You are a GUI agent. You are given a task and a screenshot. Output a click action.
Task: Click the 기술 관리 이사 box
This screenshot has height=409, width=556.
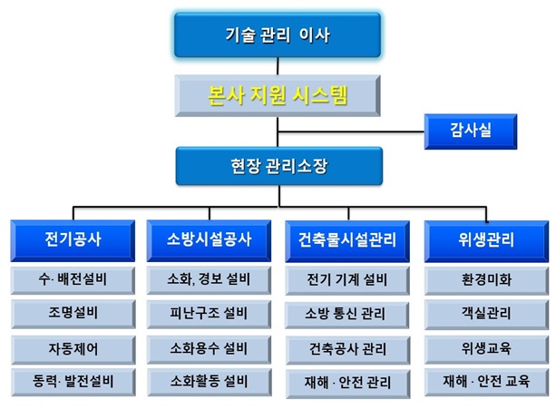[278, 34]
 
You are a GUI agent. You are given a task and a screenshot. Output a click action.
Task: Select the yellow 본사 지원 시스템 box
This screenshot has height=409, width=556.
[278, 95]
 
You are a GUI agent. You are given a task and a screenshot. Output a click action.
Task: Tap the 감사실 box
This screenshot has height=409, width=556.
[471, 131]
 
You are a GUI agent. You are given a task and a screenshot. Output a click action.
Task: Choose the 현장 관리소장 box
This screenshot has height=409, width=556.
[279, 166]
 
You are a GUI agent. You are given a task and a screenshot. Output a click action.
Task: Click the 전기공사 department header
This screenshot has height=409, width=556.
[73, 240]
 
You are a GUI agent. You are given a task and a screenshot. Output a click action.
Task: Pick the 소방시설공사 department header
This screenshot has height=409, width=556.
[209, 240]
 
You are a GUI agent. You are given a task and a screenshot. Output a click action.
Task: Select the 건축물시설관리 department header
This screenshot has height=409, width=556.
[347, 241]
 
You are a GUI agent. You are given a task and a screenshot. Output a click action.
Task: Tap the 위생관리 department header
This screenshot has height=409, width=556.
[486, 241]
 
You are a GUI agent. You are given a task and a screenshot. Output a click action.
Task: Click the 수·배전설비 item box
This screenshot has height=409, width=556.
[73, 280]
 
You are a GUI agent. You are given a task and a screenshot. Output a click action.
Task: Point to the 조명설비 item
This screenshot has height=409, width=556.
[73, 314]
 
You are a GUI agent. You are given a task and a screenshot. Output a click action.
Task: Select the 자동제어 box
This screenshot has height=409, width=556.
[73, 350]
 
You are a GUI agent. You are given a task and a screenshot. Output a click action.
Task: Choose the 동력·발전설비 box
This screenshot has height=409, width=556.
[73, 382]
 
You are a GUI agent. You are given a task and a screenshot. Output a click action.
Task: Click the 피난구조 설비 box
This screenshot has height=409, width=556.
[209, 314]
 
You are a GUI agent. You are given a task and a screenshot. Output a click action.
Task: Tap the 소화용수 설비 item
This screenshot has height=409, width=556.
[210, 350]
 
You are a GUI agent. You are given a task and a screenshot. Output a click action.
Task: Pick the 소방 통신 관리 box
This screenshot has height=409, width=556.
[346, 315]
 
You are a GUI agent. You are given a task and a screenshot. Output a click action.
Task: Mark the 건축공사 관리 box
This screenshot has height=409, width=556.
[348, 350]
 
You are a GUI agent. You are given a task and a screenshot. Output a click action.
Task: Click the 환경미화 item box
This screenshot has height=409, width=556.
[486, 281]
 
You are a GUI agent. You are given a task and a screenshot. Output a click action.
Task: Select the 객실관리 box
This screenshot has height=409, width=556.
[486, 315]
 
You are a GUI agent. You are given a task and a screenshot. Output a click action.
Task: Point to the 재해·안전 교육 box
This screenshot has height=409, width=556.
[486, 383]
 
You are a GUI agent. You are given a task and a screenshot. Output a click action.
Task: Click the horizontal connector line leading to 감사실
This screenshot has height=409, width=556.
[351, 131]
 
